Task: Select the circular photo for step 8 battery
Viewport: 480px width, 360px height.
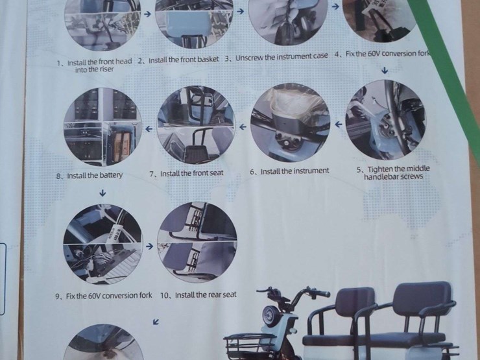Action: click(x=102, y=126)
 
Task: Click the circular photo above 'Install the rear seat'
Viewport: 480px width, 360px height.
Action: click(x=197, y=244)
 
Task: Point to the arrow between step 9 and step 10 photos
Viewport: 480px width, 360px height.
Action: click(x=149, y=246)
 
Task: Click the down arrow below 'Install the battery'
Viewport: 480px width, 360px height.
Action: click(x=102, y=193)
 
